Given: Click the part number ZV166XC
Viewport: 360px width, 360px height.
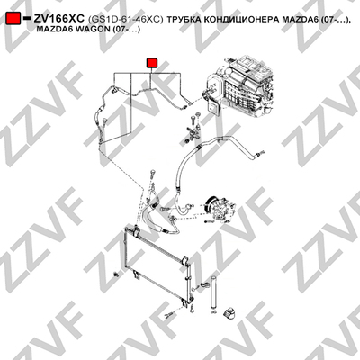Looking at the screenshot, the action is [59, 19].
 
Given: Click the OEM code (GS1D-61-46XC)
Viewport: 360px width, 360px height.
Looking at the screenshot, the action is [126, 20].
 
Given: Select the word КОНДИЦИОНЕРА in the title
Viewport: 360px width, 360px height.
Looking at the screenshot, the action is [241, 20].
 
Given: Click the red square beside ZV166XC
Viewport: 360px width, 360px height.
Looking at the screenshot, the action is [13, 18].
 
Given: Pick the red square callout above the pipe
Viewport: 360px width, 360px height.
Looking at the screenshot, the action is [152, 63].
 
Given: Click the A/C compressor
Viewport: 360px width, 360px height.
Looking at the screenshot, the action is [219, 208].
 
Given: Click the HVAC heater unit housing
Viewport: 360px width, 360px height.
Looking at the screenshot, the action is [240, 87].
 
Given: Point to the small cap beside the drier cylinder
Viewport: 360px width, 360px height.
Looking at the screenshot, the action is [229, 312].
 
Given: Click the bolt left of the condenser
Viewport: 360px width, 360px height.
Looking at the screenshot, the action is [116, 274].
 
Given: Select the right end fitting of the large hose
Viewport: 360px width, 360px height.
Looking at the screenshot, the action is [258, 155].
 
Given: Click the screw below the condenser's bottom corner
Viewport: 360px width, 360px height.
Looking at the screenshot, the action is [193, 309].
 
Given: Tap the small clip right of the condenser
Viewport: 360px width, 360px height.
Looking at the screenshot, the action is [205, 284].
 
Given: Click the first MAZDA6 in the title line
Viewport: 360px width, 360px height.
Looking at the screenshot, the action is [300, 20].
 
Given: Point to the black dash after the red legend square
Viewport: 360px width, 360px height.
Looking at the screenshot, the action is [27, 18].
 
